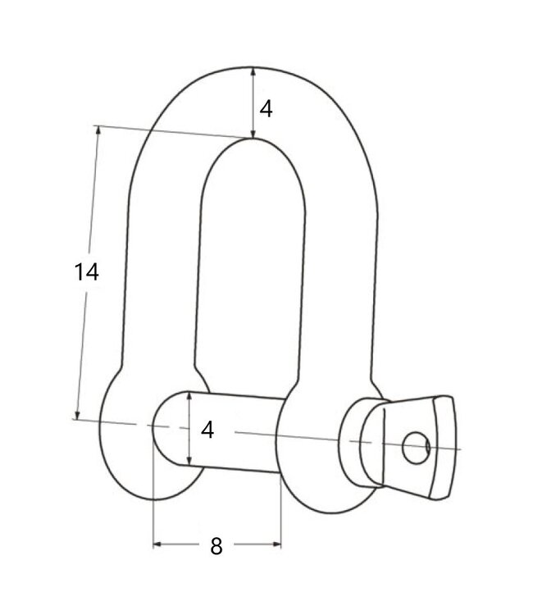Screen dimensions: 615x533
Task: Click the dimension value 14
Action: [x=86, y=271]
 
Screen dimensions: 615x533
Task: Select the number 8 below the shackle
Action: [x=216, y=547]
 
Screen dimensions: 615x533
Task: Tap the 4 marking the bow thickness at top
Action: [x=266, y=107]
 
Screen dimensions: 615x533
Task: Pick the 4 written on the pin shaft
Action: [x=207, y=430]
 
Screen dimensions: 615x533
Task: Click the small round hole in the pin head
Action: [x=416, y=447]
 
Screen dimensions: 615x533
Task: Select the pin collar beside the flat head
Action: [x=360, y=443]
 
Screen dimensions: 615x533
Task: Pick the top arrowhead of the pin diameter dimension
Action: [x=189, y=395]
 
